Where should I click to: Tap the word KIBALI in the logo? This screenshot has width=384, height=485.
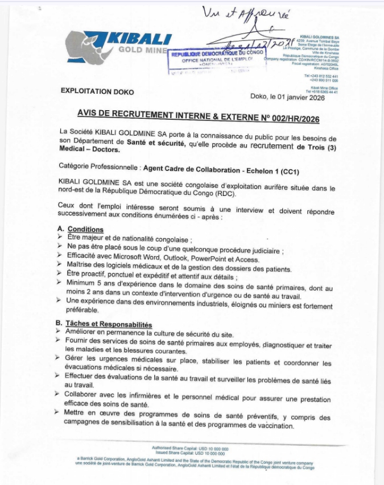pos(139,39)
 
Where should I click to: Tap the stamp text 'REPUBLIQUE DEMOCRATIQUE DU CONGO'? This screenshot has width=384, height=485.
pos(217,52)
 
